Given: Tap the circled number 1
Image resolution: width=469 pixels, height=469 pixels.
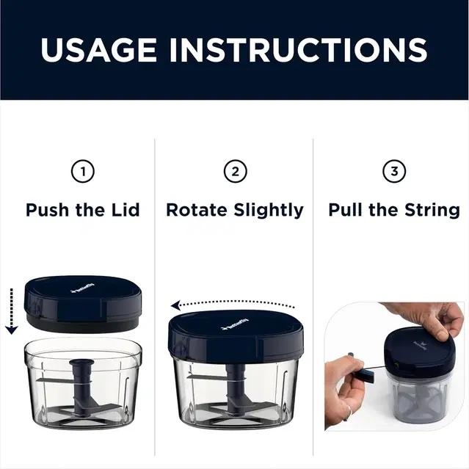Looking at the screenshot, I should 82,172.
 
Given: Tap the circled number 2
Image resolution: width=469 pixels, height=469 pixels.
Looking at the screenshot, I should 235,172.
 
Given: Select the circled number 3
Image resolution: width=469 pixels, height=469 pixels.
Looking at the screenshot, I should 394,172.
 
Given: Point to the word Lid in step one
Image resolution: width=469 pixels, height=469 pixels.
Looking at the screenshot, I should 124,210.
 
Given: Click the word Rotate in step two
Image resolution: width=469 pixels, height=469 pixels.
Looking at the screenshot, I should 196,210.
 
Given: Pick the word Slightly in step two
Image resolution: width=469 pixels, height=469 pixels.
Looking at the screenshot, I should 269,210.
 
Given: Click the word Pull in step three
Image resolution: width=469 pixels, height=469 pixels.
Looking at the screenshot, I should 346,210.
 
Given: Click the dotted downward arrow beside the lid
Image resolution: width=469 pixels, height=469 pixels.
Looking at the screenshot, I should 11,310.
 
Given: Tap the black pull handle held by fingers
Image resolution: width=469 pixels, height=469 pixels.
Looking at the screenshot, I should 363,374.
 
